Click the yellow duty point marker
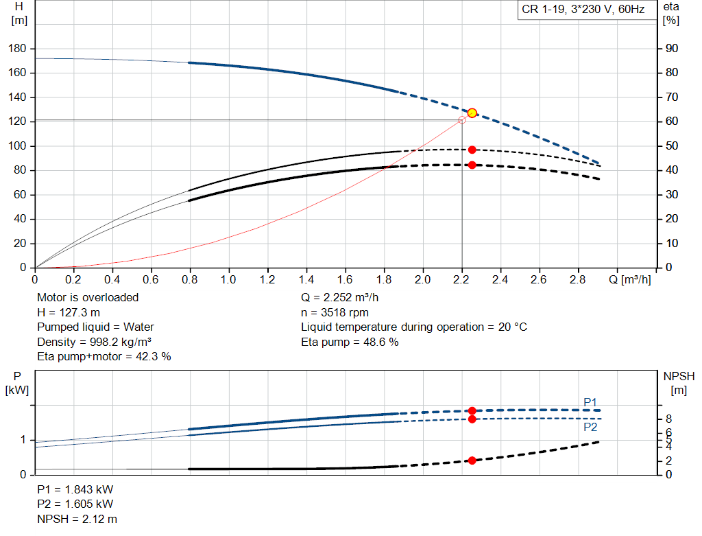(472, 113)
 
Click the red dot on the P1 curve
(472, 411)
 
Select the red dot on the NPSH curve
(472, 461)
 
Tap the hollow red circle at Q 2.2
(462, 120)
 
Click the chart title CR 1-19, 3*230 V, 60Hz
(583, 10)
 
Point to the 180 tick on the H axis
(17, 49)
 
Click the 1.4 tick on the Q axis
(306, 279)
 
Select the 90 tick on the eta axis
(672, 49)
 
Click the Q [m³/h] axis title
(629, 279)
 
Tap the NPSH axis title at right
(679, 383)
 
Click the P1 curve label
(590, 402)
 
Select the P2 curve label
(590, 427)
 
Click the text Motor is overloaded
(88, 298)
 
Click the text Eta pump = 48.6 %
(350, 342)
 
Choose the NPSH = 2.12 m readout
(77, 519)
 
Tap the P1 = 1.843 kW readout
(75, 489)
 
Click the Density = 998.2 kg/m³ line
(95, 342)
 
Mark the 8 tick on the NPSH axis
(668, 419)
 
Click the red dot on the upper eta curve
(472, 150)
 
